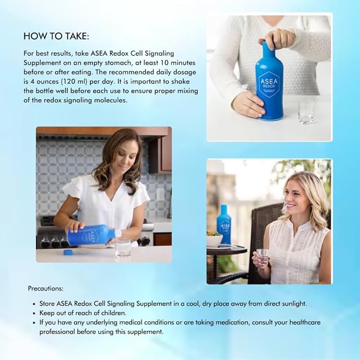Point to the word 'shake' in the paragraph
pyautogui.click(x=171, y=82)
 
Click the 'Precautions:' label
pyautogui.click(x=46, y=288)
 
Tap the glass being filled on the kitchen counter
pyautogui.click(x=123, y=248)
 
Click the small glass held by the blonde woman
pyautogui.click(x=262, y=256)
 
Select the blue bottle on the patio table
pyautogui.click(x=224, y=225)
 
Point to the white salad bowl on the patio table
pyautogui.click(x=214, y=240)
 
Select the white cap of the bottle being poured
pyautogui.click(x=118, y=233)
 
